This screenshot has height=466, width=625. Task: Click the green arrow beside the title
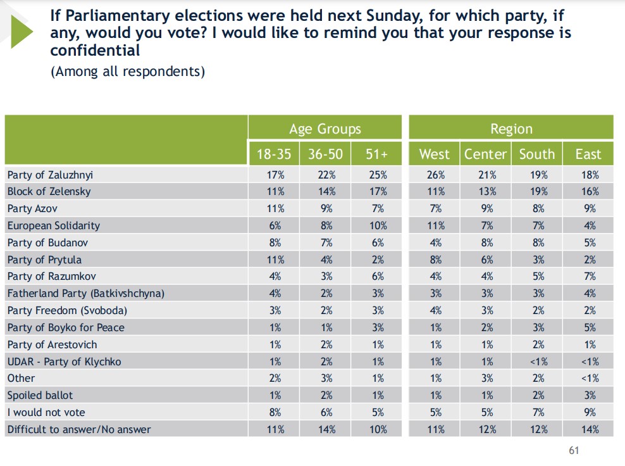(21, 32)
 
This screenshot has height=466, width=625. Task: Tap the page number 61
(574, 450)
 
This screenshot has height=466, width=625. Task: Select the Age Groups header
(325, 129)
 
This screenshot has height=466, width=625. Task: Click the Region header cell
(511, 129)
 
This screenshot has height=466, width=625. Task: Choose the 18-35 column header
(273, 154)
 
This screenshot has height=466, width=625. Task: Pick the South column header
(536, 154)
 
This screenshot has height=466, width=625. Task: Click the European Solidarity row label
(53, 225)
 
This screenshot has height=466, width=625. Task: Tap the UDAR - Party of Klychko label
(64, 362)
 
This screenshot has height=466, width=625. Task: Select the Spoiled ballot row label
(40, 395)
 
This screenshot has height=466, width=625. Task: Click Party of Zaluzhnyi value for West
(435, 175)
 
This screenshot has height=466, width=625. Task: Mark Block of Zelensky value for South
(536, 191)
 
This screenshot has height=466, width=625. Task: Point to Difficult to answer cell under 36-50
(325, 429)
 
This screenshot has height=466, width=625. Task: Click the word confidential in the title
(95, 50)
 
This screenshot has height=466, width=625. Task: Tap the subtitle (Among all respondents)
(128, 71)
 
